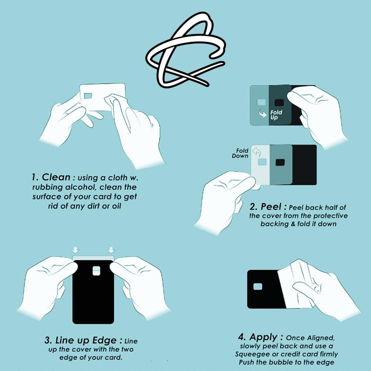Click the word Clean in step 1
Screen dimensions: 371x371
coord(56,177)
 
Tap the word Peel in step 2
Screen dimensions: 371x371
coord(271,207)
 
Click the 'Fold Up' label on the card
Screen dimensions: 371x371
coord(276,115)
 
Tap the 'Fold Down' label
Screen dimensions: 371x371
coord(240,153)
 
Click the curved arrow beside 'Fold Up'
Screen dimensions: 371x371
coord(263,113)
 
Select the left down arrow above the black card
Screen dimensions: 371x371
coord(76,250)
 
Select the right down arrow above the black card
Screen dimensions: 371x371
coord(112,250)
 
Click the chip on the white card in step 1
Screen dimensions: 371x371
coord(88,96)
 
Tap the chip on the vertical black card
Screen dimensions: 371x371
coord(96,271)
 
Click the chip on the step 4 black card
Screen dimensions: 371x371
coord(257,286)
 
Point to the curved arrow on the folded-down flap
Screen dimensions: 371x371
coord(256,152)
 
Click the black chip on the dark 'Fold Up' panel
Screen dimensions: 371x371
coord(279,103)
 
